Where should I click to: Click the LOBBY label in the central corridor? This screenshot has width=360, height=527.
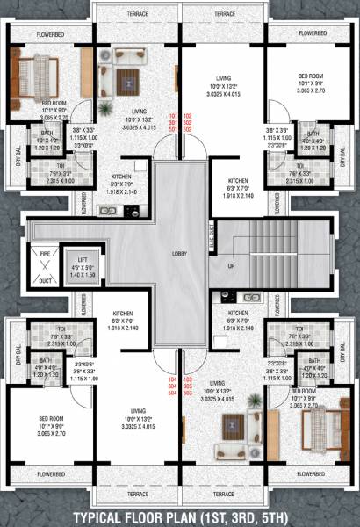point(180,254)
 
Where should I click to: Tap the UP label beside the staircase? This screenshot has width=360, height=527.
point(231,265)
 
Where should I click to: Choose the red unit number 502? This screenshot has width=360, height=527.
point(186,130)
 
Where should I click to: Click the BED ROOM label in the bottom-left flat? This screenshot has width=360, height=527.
point(42,419)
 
